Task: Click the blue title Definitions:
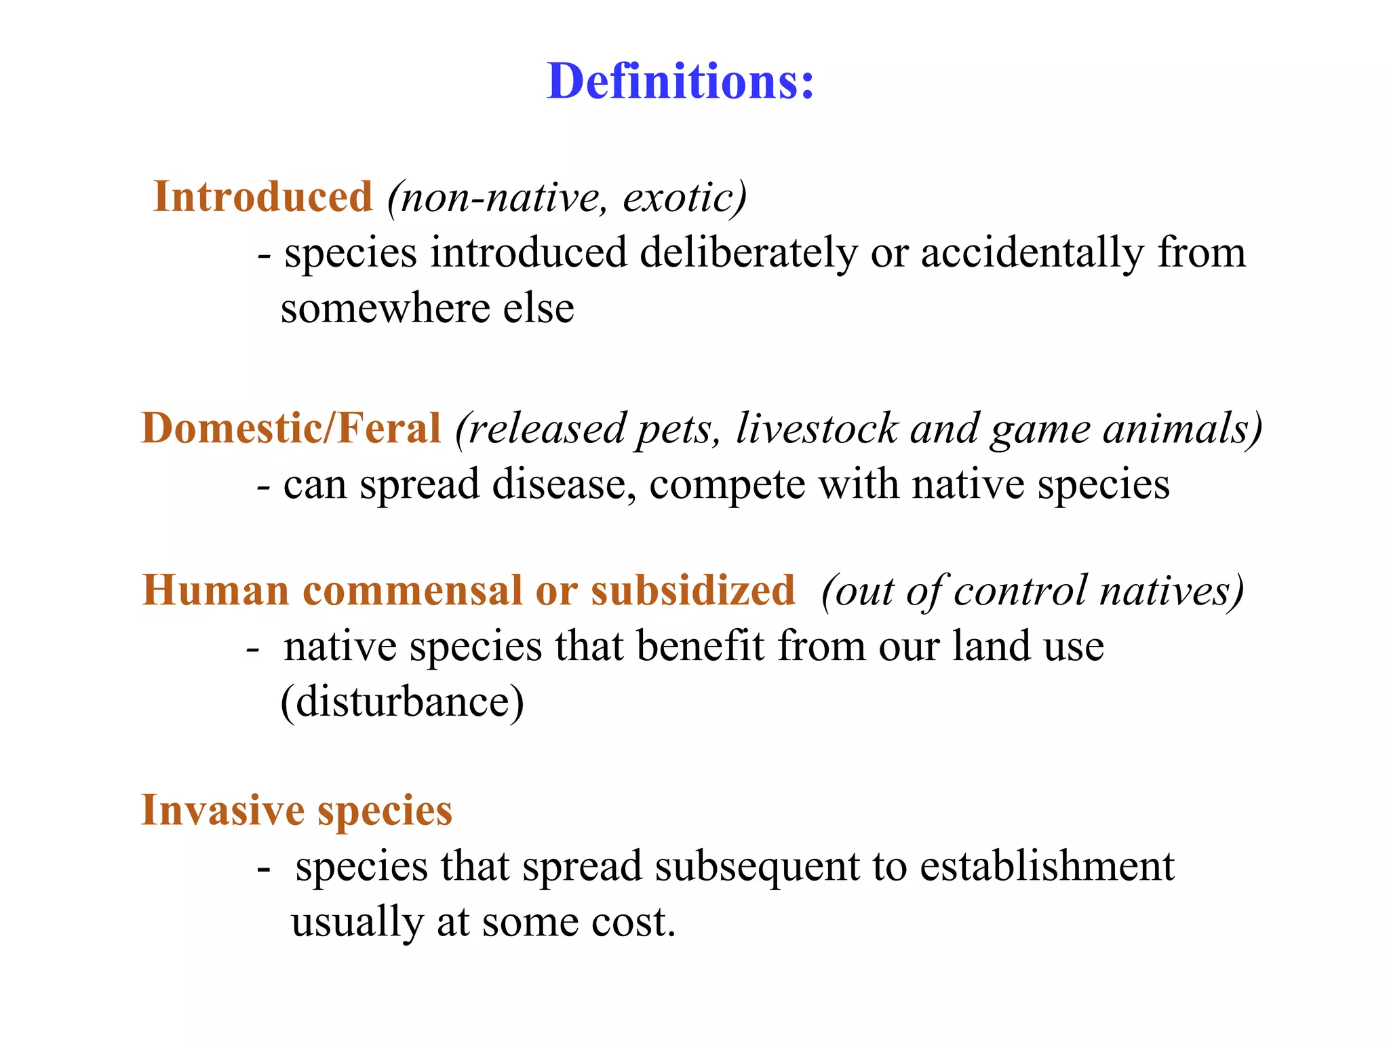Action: click(x=680, y=81)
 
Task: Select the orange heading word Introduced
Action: click(x=263, y=197)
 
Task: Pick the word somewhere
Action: click(x=385, y=309)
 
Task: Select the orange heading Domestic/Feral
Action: click(x=291, y=429)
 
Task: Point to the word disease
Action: click(x=564, y=485)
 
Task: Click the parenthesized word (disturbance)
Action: click(x=402, y=701)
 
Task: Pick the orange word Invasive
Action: click(x=222, y=810)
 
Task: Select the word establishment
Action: click(x=1047, y=866)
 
